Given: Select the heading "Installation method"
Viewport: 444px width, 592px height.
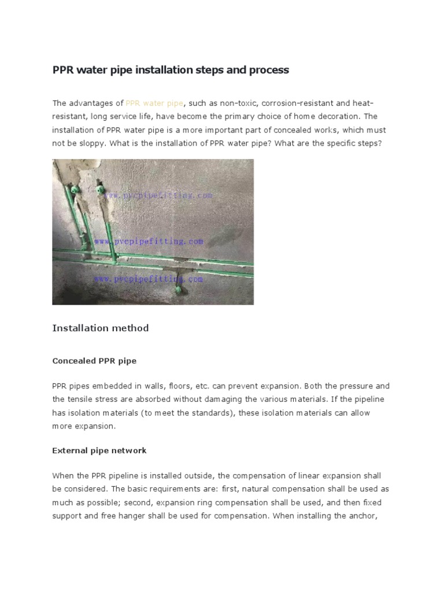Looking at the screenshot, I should [x=101, y=328].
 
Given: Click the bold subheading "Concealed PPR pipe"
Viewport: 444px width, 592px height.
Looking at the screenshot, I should [x=94, y=361].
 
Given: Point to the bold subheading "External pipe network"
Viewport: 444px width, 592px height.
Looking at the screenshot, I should [x=99, y=450].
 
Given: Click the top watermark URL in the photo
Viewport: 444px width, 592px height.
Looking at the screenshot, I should [x=159, y=195].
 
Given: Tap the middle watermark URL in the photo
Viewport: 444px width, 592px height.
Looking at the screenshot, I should [x=149, y=240].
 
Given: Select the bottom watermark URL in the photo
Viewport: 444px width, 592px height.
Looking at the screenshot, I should [x=149, y=279].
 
